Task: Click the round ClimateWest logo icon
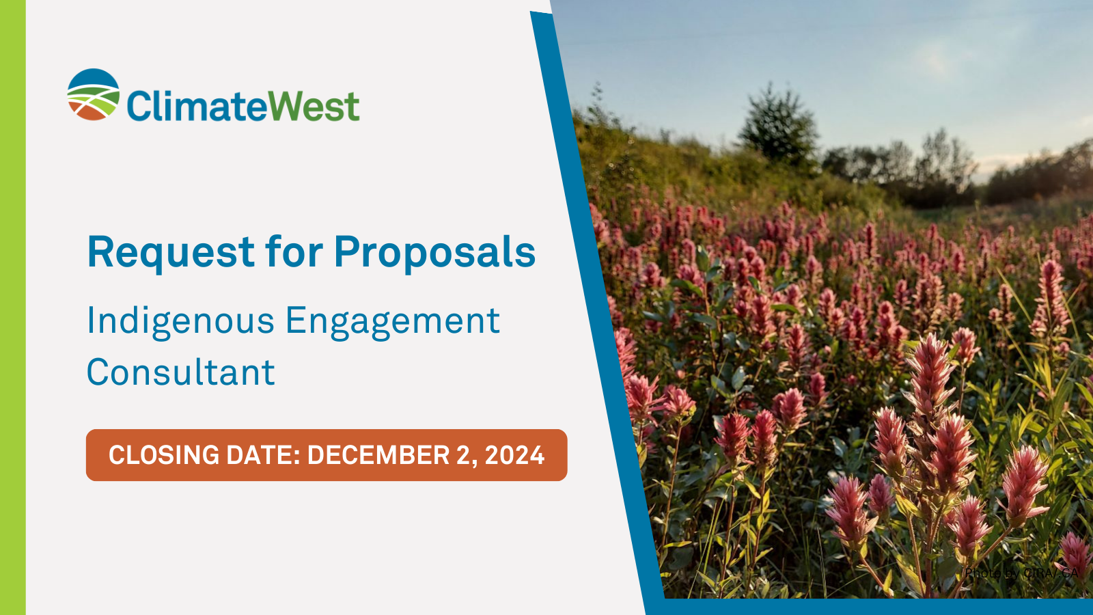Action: (94, 94)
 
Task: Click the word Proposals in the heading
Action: (434, 253)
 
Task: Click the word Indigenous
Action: (180, 321)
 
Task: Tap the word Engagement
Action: (393, 321)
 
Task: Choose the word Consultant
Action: (180, 373)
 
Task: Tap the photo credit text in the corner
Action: (1022, 573)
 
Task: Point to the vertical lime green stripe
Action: (12, 307)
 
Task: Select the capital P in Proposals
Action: (346, 251)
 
